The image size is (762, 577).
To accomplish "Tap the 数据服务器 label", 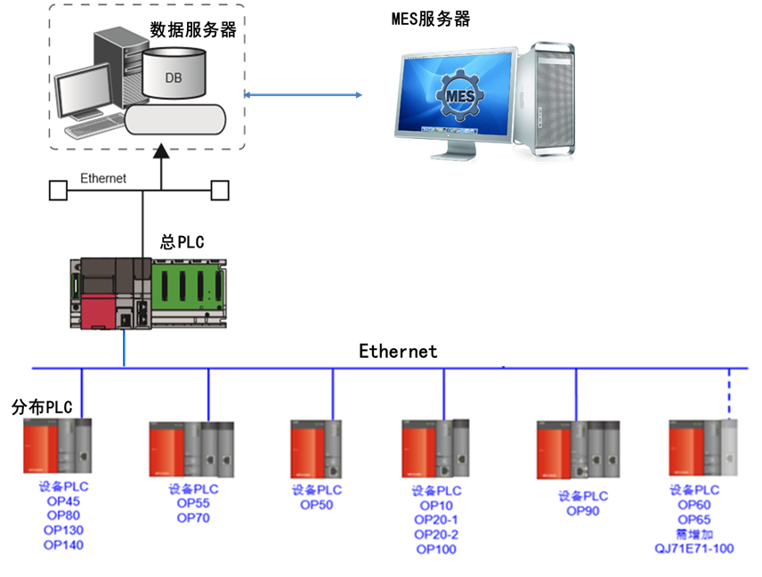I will [x=193, y=29].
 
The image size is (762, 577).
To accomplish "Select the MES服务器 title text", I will [x=431, y=19].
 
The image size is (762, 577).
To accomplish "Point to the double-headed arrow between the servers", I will [x=304, y=93].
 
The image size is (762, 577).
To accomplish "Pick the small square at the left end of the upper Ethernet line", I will [x=58, y=190].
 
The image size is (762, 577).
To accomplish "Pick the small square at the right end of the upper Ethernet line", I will [x=220, y=190].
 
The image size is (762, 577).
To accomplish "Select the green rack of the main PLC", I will [x=187, y=284].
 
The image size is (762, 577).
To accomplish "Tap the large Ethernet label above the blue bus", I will [x=398, y=351].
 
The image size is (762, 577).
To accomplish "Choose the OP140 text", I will [x=63, y=545].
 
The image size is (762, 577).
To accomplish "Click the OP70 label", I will [x=193, y=517].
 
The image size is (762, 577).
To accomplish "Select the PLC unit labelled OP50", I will [x=315, y=451].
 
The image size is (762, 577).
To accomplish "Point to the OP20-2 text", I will [x=436, y=534].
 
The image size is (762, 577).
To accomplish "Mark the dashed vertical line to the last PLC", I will [x=729, y=393].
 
